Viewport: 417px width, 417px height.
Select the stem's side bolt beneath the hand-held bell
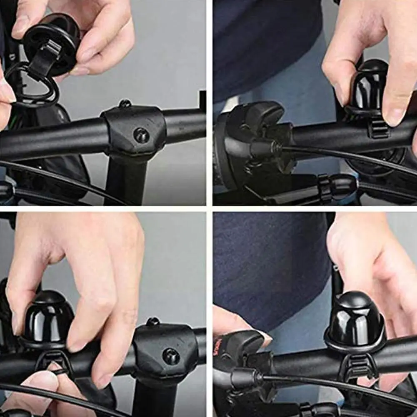click(141, 135)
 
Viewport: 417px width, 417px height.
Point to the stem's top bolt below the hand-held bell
click(124, 103)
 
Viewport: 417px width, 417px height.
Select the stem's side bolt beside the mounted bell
click(171, 356)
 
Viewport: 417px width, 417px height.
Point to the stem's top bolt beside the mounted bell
click(153, 321)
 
